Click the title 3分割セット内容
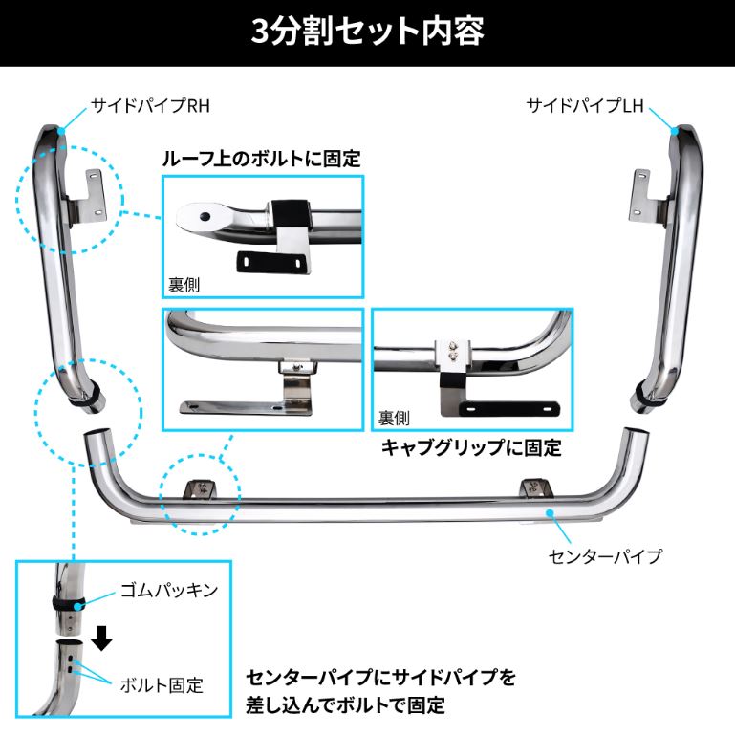367,32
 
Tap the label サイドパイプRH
150,105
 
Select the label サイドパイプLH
585,105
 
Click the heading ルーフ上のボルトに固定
262,159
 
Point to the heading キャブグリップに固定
471,447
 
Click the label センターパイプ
605,556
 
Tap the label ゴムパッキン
169,590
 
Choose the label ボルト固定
162,685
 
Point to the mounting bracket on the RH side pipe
88,196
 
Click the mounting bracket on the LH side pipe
645,196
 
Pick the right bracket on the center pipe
536,488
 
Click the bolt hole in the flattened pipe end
205,216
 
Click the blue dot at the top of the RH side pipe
61,132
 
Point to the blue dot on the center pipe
550,513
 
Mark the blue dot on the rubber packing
78,605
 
